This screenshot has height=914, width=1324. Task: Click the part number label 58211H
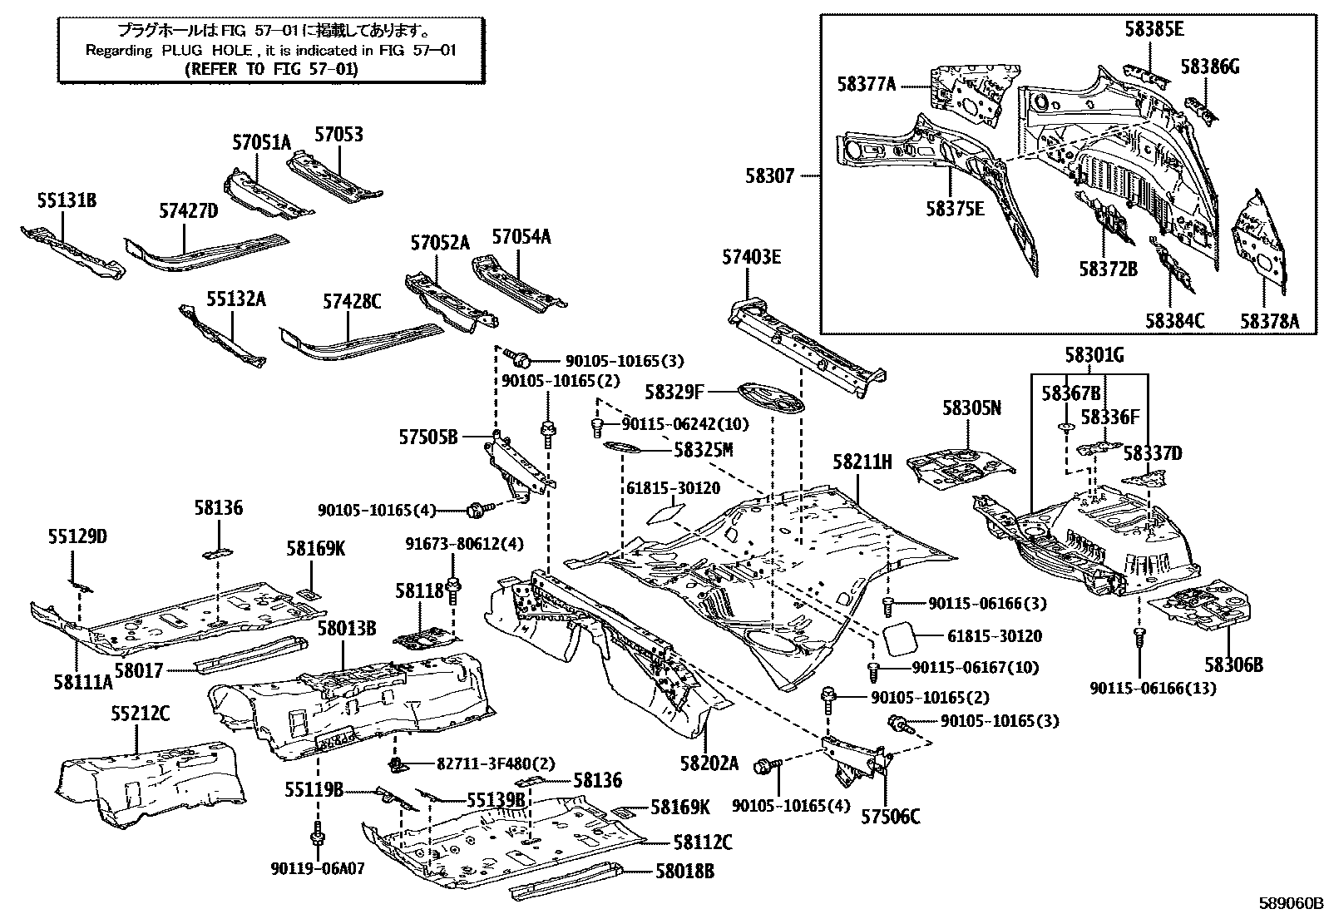(862, 462)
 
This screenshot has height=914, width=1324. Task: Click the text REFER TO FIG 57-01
(271, 69)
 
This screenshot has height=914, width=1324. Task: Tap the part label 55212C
(140, 713)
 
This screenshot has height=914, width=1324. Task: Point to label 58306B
(1234, 664)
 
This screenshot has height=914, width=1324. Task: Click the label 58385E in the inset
(1154, 29)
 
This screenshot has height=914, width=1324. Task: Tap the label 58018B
(684, 871)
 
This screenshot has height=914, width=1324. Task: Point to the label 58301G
(1094, 357)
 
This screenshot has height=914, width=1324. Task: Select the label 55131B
(67, 200)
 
